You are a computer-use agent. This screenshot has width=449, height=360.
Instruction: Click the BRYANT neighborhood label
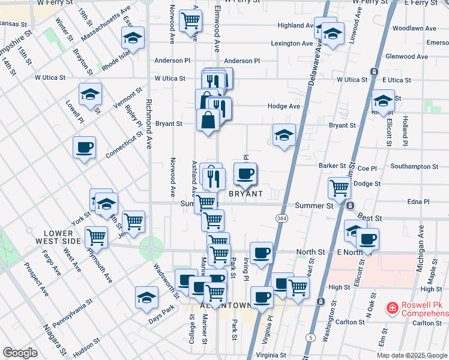(x=246, y=194)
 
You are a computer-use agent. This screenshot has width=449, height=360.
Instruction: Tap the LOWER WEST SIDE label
(x=62, y=236)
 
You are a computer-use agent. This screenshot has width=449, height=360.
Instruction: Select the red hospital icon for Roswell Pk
(x=392, y=308)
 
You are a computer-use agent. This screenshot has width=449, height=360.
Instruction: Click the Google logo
(x=20, y=353)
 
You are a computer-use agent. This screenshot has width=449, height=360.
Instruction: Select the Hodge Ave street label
(x=284, y=106)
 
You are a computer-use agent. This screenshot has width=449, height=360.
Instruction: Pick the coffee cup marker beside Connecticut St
(x=84, y=146)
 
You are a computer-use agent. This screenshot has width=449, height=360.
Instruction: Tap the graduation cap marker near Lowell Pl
(x=90, y=95)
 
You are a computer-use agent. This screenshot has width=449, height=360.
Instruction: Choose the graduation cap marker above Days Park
(x=146, y=297)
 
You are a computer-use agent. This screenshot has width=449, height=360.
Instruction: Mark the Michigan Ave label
(x=421, y=248)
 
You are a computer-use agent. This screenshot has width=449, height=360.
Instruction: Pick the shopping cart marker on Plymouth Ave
(x=96, y=236)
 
